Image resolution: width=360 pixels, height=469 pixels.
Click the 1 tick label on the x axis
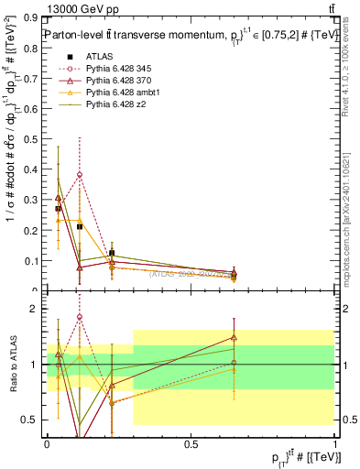(x=335, y=444)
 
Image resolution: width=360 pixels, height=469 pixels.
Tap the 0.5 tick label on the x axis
(x=191, y=444)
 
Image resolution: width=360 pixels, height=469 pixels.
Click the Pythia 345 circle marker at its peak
(x=80, y=174)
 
